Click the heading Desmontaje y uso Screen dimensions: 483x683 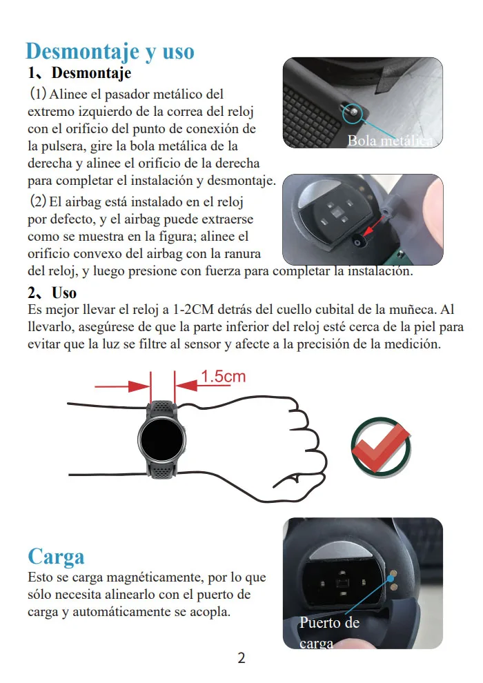point(110,52)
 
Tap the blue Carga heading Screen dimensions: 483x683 point(56,557)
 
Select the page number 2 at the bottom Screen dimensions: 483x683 point(241,657)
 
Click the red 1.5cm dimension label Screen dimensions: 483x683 point(223,377)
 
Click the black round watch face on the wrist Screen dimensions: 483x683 point(161,438)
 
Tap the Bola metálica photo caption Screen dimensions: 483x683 point(391,141)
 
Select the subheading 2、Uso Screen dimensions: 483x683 point(52,293)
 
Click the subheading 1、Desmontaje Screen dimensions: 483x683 point(79,72)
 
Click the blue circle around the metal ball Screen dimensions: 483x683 point(353,114)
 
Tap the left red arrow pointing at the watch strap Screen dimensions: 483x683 point(122,386)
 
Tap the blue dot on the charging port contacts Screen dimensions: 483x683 point(391,578)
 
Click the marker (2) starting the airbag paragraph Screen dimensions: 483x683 point(38,201)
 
